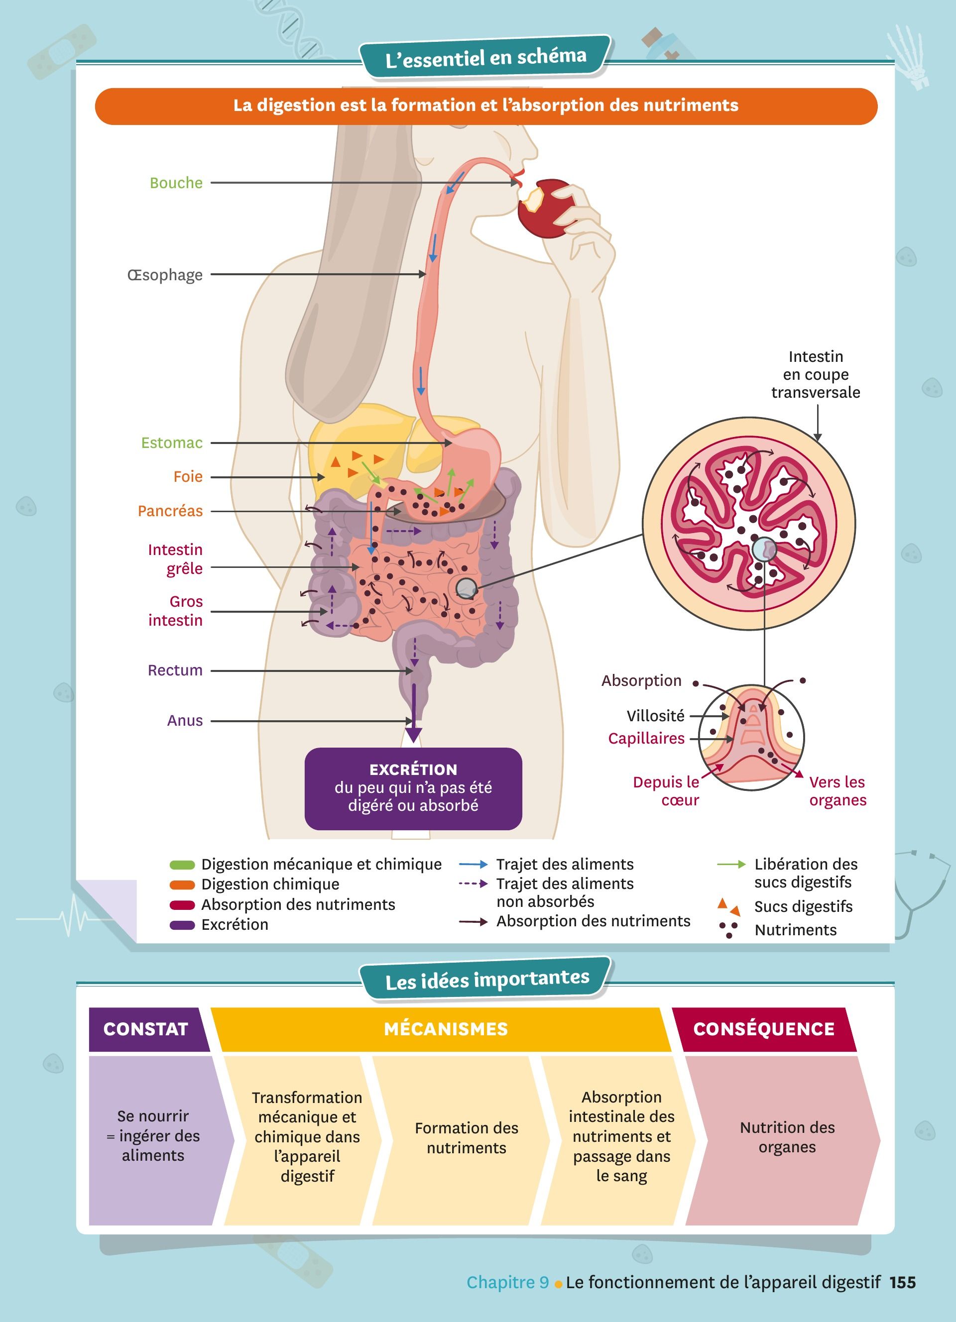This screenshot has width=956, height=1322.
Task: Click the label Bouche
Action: click(x=176, y=183)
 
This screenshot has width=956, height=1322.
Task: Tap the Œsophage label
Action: click(x=165, y=275)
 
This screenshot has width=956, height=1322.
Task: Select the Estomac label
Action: click(x=172, y=443)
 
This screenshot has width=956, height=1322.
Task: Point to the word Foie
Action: click(x=188, y=477)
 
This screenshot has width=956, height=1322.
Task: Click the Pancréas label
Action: click(x=170, y=511)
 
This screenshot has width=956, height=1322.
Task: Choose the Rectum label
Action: click(x=175, y=670)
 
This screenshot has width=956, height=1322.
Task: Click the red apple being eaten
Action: click(x=546, y=209)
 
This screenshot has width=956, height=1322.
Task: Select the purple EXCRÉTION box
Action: click(x=413, y=788)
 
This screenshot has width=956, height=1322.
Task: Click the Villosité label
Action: click(x=655, y=716)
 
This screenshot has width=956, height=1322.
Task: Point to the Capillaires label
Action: click(x=646, y=739)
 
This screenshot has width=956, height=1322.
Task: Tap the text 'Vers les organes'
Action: click(x=837, y=791)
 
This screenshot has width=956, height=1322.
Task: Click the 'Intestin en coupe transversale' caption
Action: click(x=816, y=374)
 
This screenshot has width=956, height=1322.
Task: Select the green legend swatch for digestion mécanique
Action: click(x=182, y=865)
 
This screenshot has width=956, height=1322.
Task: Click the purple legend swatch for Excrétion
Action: click(x=182, y=925)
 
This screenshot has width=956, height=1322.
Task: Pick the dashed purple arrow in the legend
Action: click(x=473, y=883)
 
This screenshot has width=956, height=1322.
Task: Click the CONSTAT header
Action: click(x=146, y=1029)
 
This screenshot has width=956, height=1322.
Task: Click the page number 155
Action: click(x=902, y=1282)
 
